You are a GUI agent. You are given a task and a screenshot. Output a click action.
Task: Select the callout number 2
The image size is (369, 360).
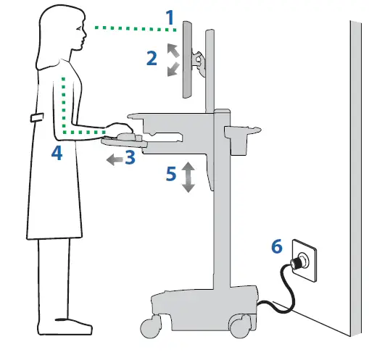point(152,58)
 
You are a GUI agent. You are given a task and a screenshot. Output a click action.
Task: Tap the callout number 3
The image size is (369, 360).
point(129,157)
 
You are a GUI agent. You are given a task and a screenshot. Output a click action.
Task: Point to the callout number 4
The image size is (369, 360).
point(56,153)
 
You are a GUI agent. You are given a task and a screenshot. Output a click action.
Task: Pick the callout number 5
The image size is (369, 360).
point(170,175)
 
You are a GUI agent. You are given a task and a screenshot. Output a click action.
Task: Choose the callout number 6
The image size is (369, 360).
point(277,246)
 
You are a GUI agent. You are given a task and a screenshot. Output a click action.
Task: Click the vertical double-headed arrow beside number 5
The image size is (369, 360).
point(188,177)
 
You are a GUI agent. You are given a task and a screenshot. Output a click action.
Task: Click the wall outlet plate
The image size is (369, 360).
point(303,259)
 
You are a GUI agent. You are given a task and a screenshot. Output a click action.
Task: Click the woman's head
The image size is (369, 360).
point(65,29)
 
